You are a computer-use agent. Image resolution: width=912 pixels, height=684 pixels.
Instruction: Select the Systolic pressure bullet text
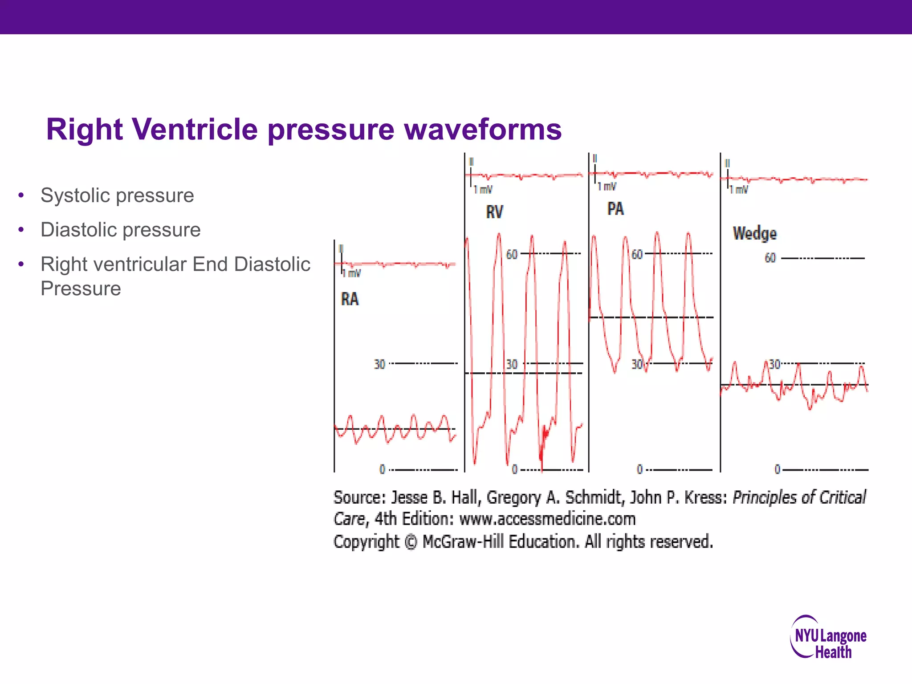coord(117,195)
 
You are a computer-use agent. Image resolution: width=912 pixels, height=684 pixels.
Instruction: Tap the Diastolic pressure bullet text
coord(120,230)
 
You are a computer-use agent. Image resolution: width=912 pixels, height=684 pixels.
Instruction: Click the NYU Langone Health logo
coord(829,637)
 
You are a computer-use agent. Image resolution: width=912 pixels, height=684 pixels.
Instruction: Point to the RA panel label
coord(350,299)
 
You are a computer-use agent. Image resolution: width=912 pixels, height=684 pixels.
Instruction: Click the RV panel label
coord(494,212)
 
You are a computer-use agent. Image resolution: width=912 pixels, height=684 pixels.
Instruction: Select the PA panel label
coord(615,209)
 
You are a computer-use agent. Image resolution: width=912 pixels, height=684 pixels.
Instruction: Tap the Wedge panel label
coord(754,233)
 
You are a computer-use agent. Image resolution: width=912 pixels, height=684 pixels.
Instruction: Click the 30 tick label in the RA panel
coord(379,365)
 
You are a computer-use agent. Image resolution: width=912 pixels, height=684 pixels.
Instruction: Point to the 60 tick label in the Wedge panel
coord(770,258)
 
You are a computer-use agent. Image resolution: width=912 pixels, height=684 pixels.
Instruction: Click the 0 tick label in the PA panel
coord(639,469)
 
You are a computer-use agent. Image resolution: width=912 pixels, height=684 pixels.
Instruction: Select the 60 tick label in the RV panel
coord(512,255)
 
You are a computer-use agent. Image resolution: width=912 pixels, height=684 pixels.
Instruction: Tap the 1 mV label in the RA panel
coord(351,273)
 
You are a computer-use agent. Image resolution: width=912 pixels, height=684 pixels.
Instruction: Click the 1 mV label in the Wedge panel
coord(739,190)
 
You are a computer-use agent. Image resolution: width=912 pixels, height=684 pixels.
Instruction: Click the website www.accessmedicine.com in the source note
coord(547,519)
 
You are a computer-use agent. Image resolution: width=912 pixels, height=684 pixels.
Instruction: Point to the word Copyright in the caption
coord(366,542)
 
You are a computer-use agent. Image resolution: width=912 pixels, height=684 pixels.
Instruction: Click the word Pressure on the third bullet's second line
coord(81,289)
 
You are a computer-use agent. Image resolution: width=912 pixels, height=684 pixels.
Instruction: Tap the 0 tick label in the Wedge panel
coord(777,469)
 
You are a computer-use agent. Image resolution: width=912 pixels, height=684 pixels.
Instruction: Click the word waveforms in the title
coord(483,130)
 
